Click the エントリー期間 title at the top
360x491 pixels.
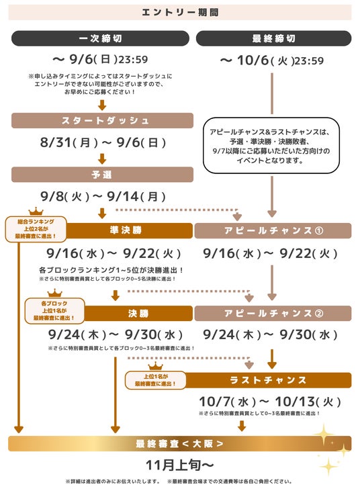(x=180, y=13)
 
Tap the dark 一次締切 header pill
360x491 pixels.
(x=100, y=38)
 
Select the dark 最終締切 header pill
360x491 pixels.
(x=273, y=38)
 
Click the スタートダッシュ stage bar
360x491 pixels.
(x=102, y=120)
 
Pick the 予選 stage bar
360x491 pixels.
(x=102, y=175)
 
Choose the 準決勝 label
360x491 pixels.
(x=126, y=230)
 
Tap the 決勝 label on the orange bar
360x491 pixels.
(x=138, y=313)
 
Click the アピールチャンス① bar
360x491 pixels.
(x=273, y=230)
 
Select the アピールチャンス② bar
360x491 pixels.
(x=273, y=313)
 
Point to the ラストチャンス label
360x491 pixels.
(x=268, y=380)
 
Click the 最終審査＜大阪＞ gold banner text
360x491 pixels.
(x=180, y=444)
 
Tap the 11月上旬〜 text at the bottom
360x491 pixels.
(x=180, y=465)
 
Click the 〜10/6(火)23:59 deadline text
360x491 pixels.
(x=272, y=60)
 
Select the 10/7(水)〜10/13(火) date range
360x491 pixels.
(x=270, y=402)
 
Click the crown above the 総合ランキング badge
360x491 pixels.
(x=36, y=212)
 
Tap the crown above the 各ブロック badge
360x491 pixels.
(x=55, y=294)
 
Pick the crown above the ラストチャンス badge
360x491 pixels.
(x=156, y=366)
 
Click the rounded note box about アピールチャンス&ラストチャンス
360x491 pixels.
(x=271, y=146)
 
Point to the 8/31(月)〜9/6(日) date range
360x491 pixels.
(x=103, y=142)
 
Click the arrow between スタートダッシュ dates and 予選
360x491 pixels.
(x=102, y=159)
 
